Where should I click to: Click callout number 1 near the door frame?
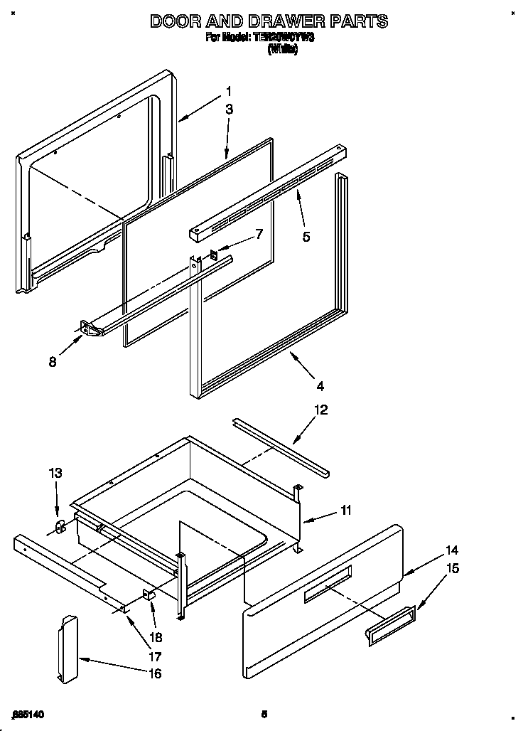229,90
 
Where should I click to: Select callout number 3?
229,109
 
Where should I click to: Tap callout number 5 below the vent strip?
306,237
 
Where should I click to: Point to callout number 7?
259,233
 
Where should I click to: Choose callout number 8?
52,361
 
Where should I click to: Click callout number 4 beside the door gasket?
320,386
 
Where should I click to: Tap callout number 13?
55,473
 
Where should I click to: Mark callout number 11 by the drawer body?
345,510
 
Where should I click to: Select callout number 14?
451,550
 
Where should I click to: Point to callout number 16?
154,673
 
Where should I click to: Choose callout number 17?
154,656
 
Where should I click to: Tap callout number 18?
154,638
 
